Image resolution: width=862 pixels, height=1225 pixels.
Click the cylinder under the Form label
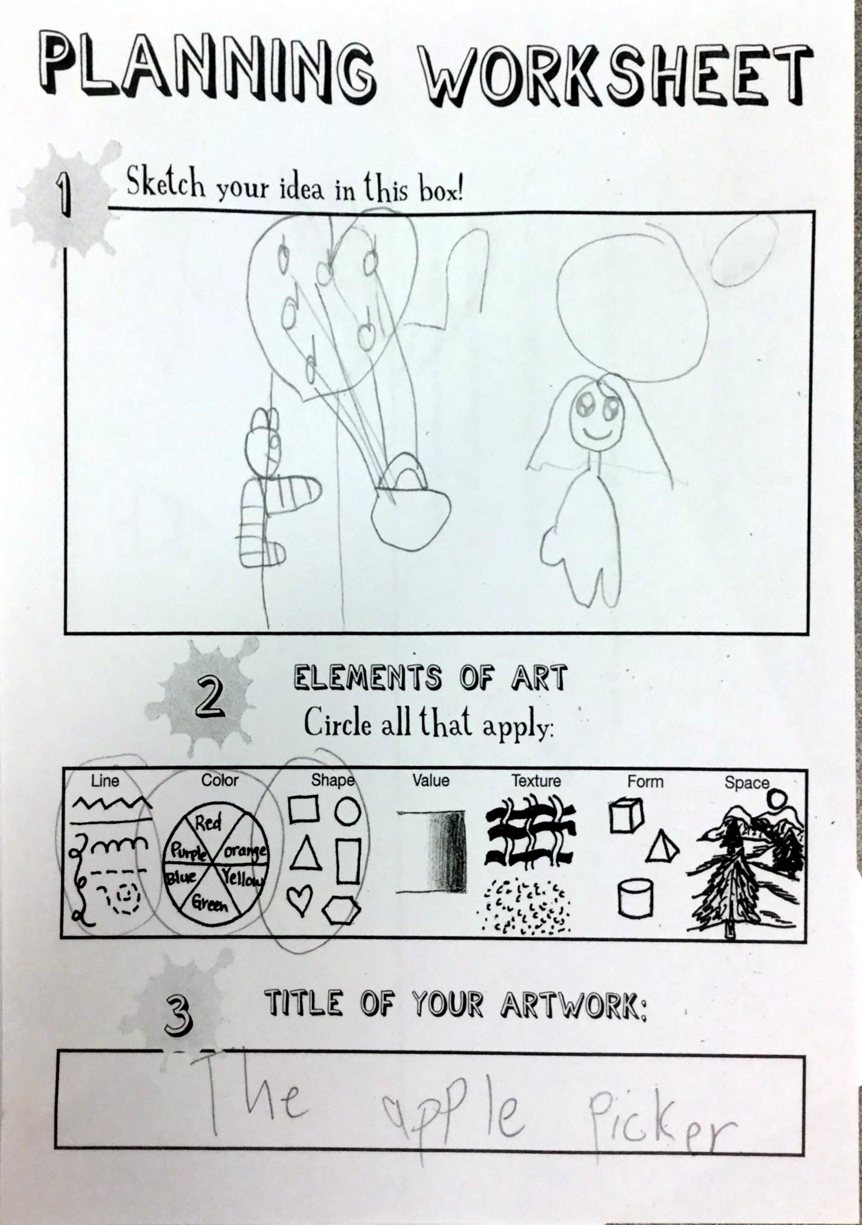(635, 899)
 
